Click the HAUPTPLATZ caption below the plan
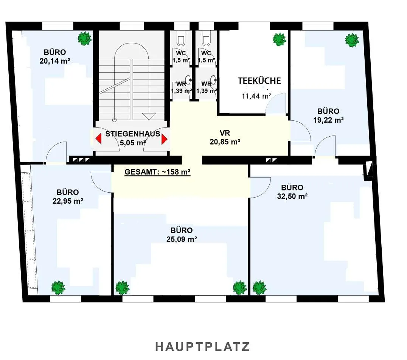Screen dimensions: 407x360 [x=202, y=347]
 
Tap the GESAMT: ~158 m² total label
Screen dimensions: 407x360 [x=158, y=172]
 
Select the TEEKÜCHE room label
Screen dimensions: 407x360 [x=259, y=81]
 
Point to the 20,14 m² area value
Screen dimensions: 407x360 [x=55, y=61]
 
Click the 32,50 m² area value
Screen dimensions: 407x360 [x=292, y=196]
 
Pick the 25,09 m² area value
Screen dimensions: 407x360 [x=182, y=239]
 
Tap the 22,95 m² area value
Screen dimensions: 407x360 [x=68, y=201]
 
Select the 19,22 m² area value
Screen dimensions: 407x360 [x=329, y=120]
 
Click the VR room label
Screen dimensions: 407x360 [x=225, y=133]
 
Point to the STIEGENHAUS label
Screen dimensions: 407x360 [x=133, y=134]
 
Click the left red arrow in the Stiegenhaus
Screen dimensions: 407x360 [x=98, y=139]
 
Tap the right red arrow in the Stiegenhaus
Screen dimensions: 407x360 [x=164, y=139]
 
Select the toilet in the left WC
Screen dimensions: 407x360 [x=181, y=38]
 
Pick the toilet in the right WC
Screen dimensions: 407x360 [x=206, y=38]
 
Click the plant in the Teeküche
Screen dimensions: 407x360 [x=280, y=39]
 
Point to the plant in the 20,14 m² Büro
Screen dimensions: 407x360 [x=85, y=39]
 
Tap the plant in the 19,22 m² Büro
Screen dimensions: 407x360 [x=352, y=40]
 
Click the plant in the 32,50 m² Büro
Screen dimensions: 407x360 [x=259, y=288]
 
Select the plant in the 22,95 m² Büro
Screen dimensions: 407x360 [x=58, y=288]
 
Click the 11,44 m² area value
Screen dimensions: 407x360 [x=256, y=97]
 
